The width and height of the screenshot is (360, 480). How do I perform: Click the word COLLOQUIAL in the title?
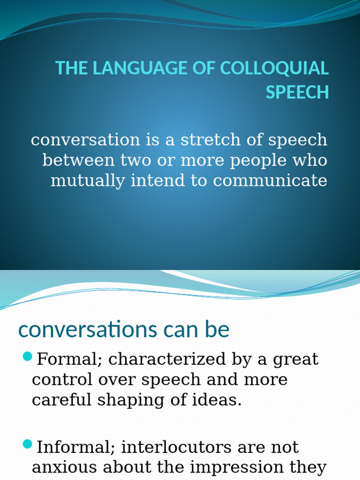tap(274, 68)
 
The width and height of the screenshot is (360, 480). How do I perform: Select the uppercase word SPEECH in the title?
tap(297, 92)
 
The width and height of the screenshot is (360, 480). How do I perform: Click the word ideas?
tap(220, 400)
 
